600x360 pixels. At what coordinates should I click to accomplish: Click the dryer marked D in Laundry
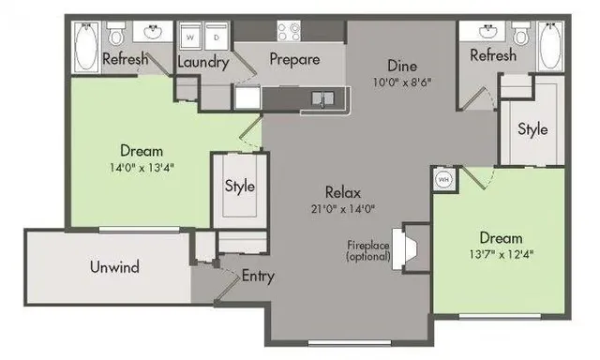click(216, 38)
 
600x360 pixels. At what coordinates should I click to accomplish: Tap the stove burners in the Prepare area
click(289, 31)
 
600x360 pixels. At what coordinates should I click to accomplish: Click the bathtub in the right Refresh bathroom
click(551, 45)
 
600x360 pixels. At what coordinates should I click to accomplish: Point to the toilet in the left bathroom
click(116, 36)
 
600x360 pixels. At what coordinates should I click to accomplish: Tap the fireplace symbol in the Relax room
click(407, 246)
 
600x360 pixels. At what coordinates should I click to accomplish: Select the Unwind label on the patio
click(114, 267)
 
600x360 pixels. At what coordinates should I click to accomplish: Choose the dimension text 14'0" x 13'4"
click(141, 169)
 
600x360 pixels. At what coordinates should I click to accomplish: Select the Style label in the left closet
click(239, 186)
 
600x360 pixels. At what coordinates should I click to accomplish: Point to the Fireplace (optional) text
click(367, 249)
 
